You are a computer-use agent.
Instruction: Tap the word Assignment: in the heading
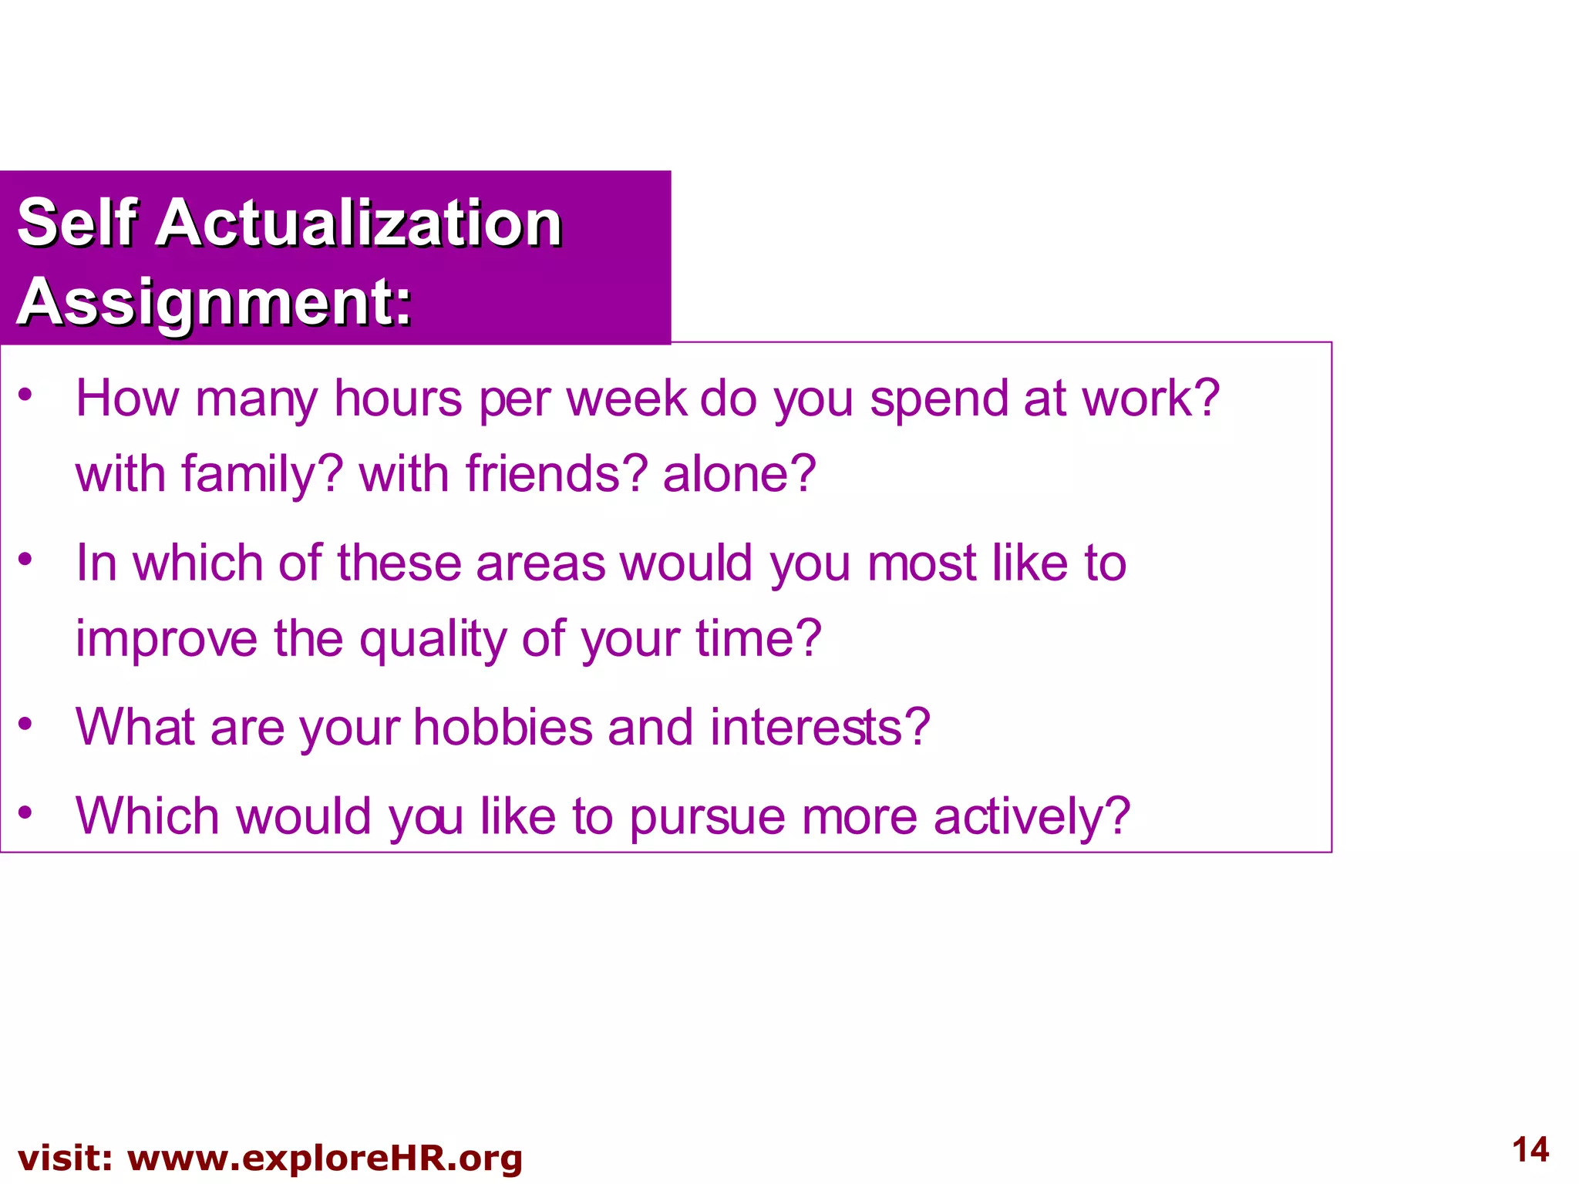coord(214,302)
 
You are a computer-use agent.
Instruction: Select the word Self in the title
coord(77,223)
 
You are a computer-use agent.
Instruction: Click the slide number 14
coord(1530,1150)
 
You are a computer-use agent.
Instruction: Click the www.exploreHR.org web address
coord(325,1158)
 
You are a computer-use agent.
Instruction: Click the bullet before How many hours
coord(25,395)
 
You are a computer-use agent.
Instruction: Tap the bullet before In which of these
coord(25,559)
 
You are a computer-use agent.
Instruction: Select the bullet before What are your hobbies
coord(25,723)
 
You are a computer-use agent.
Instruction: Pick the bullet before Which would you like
coord(25,812)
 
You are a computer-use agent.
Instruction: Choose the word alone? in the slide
coord(739,473)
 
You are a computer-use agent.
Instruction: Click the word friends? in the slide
coord(556,473)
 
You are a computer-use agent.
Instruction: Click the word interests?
coord(820,727)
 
